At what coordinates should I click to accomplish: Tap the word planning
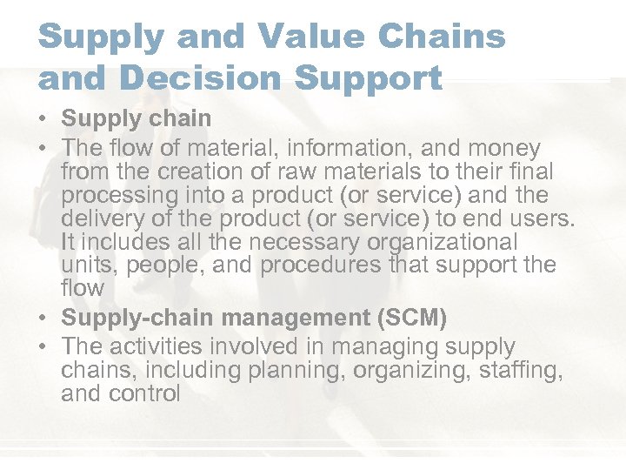click(283, 370)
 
